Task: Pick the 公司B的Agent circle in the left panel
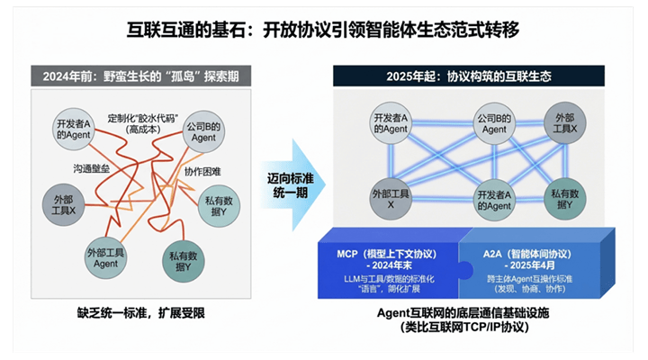pyautogui.click(x=204, y=132)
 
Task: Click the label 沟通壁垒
pyautogui.click(x=91, y=168)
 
